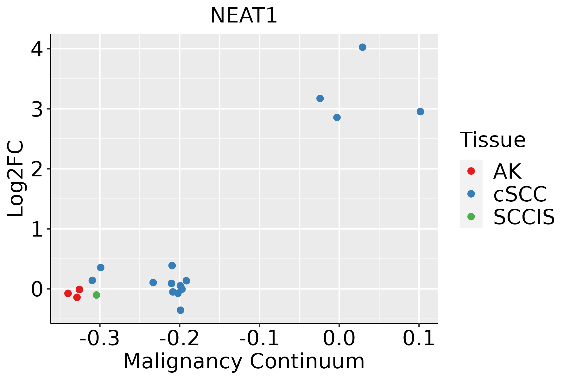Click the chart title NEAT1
[244, 16]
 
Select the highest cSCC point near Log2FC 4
[363, 47]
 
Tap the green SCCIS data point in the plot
[97, 295]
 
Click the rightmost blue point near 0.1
[420, 111]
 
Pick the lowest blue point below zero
[180, 310]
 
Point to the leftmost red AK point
[68, 293]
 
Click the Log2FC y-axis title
[16, 179]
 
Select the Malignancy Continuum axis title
[244, 361]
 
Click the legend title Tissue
[492, 140]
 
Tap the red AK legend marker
[471, 171]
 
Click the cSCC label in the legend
[520, 194]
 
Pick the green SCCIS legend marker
[471, 217]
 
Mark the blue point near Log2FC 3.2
[320, 98]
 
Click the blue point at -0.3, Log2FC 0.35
[101, 268]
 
